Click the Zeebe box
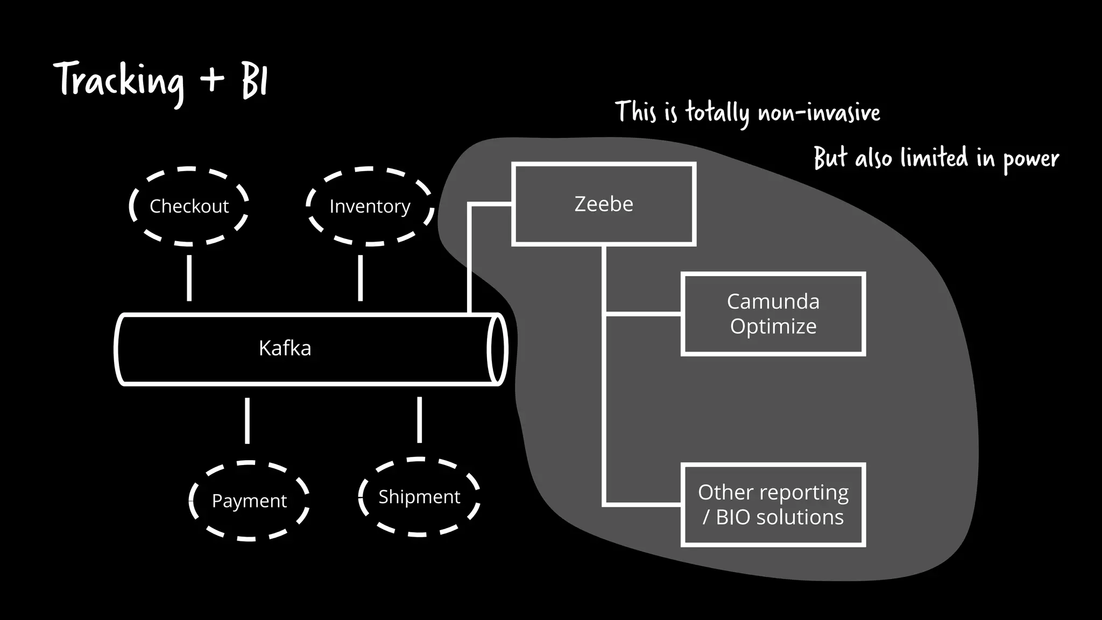pos(604,204)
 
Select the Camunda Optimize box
pos(773,314)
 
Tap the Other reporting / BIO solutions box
pos(773,505)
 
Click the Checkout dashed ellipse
pos(189,206)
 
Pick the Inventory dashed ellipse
pos(370,206)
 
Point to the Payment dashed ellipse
pos(249,501)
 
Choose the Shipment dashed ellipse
pos(419,497)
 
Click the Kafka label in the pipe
pos(285,348)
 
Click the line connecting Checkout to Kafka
pos(189,278)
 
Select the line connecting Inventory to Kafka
pos(360,278)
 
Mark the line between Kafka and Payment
pos(247,420)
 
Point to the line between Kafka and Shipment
pos(419,420)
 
